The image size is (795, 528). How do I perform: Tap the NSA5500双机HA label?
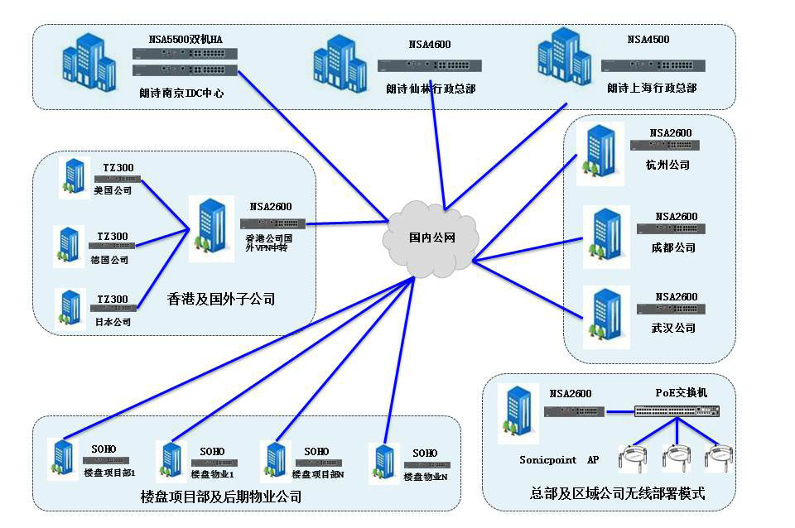pos(185,39)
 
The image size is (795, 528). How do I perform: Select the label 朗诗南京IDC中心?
pos(181,93)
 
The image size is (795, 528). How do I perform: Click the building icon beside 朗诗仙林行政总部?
pos(340,64)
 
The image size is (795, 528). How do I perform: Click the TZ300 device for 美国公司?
pos(118,179)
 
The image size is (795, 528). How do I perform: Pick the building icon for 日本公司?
pos(71,307)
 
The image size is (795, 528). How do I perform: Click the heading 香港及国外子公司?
pos(222,299)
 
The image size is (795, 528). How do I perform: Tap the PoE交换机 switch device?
pos(677,410)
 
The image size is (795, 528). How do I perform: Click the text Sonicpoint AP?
pos(558,459)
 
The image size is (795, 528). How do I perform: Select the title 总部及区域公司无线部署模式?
pos(617,493)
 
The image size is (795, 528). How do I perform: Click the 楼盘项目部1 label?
pos(109,473)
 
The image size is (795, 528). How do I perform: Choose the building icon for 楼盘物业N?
pos(387,467)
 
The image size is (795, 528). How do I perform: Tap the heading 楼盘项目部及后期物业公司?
pos(221,497)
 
